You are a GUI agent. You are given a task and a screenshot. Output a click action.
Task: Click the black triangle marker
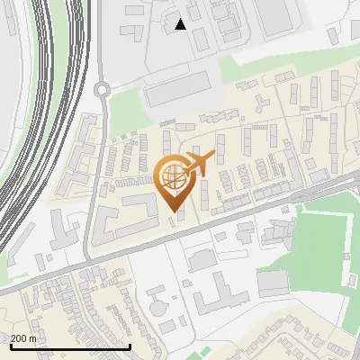181,24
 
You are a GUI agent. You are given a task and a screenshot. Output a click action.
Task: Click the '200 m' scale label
24,337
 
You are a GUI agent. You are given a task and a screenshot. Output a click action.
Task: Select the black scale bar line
70,346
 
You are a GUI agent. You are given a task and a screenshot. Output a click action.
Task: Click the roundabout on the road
102,88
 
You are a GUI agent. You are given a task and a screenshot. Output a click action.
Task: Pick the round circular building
159,308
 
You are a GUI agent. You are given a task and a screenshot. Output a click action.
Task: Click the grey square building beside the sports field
272,283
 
